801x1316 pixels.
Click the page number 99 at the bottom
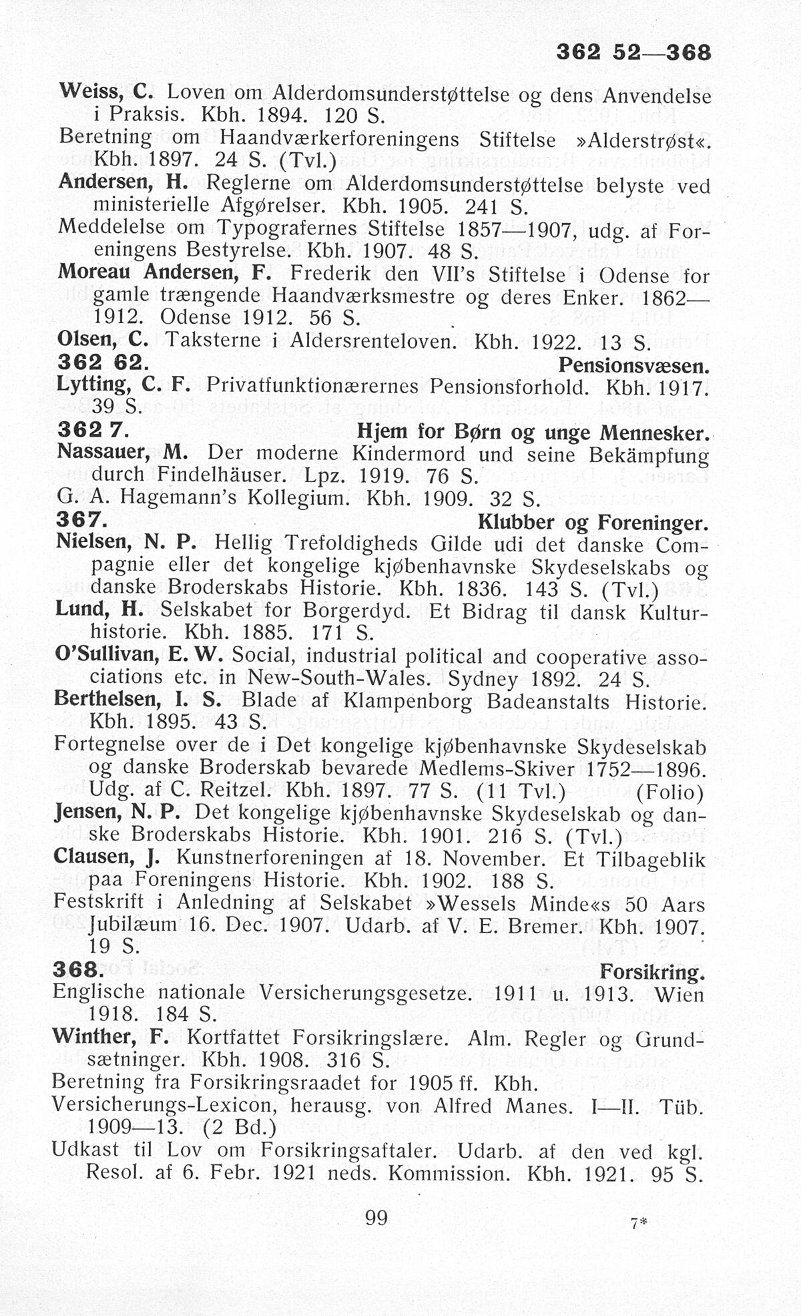(376, 1218)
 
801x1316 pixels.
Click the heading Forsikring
(652, 971)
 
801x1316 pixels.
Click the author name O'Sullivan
(105, 656)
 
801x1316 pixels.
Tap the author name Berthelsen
(105, 699)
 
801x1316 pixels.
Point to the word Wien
(680, 995)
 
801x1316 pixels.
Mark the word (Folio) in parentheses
(670, 793)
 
